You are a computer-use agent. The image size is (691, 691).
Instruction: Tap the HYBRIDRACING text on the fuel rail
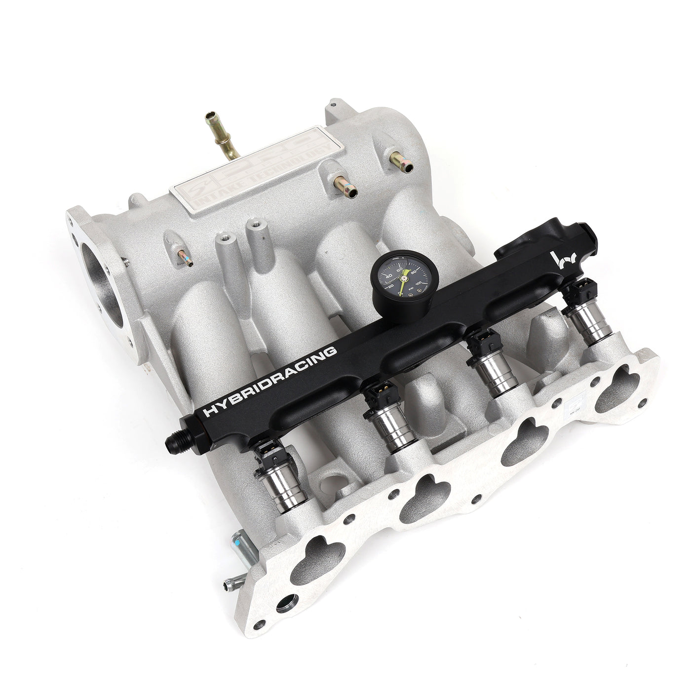271,380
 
